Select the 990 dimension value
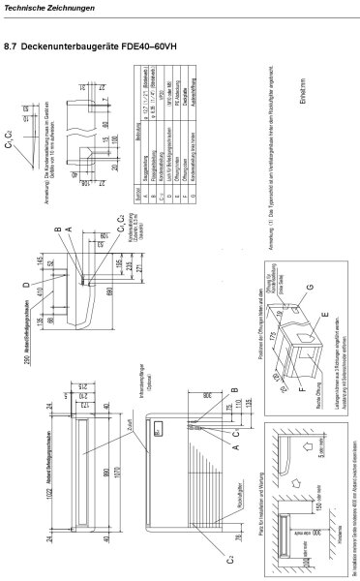(90, 465)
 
